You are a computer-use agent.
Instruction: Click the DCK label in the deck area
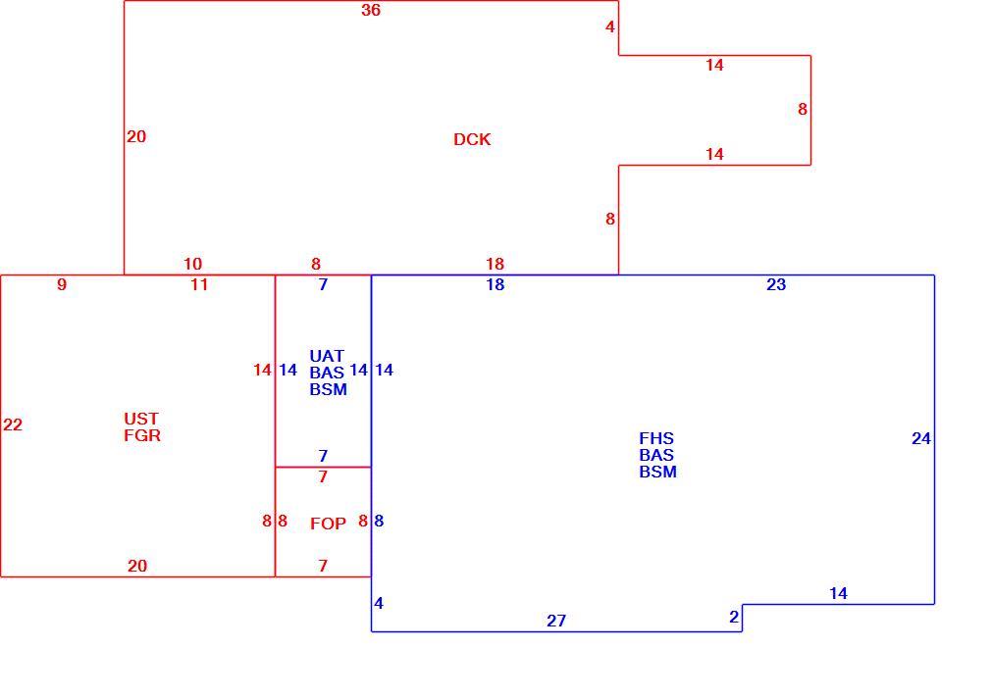pos(472,139)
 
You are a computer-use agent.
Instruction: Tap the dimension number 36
pos(371,10)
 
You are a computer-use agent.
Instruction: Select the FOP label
pos(328,524)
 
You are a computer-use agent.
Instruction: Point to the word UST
pos(141,419)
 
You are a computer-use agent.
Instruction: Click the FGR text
pos(142,435)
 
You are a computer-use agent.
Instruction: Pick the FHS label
pos(656,438)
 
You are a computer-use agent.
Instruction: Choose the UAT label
pos(327,356)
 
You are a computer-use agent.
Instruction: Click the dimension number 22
pos(13,424)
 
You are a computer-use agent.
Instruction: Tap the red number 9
pos(61,284)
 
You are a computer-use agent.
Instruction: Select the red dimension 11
pos(200,284)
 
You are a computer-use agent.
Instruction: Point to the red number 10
pos(192,264)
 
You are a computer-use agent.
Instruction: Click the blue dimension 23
pos(776,284)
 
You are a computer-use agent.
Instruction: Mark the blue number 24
pos(921,439)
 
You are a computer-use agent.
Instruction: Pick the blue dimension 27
pos(556,622)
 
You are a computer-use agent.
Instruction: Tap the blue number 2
pos(734,617)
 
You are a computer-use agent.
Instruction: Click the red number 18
pos(495,264)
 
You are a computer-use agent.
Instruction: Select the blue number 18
pos(495,284)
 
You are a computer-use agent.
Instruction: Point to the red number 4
pos(610,27)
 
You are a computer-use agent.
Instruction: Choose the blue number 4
pos(379,604)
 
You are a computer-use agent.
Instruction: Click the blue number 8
pos(379,521)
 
